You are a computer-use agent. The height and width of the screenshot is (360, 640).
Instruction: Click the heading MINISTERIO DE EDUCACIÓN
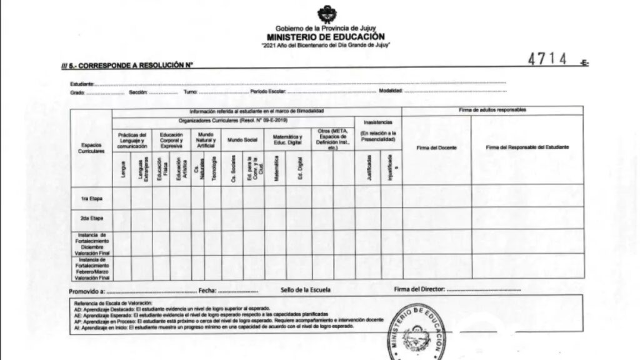(326, 37)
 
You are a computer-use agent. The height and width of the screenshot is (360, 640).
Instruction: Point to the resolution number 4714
(547, 59)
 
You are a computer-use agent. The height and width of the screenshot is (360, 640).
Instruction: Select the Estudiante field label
(82, 84)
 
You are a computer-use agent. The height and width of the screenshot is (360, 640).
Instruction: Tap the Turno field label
(190, 92)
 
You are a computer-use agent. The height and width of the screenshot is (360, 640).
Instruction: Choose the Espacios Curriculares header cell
(91, 147)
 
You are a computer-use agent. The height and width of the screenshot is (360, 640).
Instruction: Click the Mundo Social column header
(242, 140)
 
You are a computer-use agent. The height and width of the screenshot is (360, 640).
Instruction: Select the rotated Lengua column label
(123, 169)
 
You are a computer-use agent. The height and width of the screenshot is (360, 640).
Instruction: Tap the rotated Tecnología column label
(213, 168)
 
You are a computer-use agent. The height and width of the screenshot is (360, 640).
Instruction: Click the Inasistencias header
(378, 122)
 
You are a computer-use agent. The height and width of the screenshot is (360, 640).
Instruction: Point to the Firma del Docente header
(437, 147)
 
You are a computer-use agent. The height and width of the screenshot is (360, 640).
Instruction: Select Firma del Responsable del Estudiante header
(527, 147)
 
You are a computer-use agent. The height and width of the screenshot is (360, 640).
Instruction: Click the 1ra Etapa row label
(91, 199)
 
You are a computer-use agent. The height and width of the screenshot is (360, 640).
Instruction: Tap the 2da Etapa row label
(91, 218)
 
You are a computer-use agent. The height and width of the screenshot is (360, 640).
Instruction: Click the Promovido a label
(87, 291)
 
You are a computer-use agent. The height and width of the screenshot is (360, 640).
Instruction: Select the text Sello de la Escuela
(306, 290)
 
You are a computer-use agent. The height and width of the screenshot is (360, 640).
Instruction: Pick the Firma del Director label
(419, 290)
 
